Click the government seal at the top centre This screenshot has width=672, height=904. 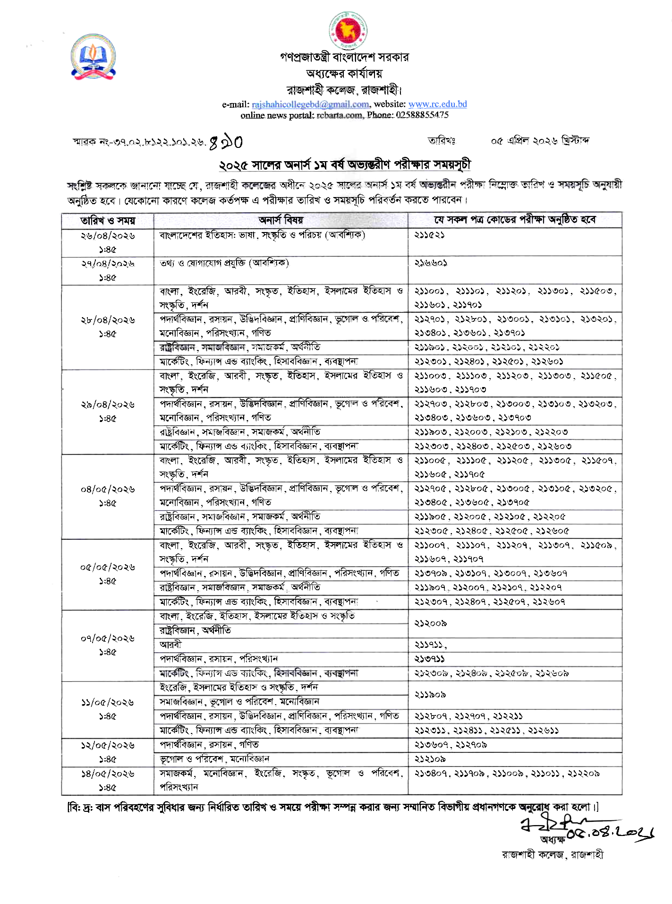(349, 30)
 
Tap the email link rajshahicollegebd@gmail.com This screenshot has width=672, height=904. (310, 104)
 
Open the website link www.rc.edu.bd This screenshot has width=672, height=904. (437, 104)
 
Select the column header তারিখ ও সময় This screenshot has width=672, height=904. (108, 221)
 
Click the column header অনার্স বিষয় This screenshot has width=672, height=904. (281, 220)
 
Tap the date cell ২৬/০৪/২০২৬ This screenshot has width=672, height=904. (108, 236)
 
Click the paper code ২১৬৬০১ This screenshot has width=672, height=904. (430, 263)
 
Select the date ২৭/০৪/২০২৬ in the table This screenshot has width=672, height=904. (108, 264)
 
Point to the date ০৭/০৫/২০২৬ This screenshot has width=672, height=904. (108, 638)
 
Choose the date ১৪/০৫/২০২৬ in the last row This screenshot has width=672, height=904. (108, 774)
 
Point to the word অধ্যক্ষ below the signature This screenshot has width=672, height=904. (553, 840)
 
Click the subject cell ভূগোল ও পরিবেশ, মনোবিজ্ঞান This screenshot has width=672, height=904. (214, 759)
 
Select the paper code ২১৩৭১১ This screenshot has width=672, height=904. (430, 659)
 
